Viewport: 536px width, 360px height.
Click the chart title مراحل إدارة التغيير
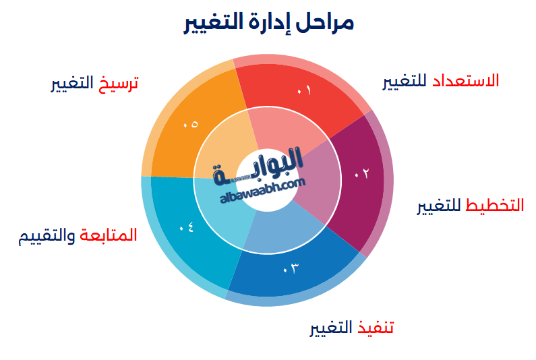click(268, 22)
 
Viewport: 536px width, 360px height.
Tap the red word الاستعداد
click(466, 80)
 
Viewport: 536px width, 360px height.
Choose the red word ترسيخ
click(117, 84)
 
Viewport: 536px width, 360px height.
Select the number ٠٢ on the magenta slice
click(362, 173)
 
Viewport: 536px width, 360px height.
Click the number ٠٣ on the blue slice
click(290, 269)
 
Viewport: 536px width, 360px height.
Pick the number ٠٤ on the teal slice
click(187, 227)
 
